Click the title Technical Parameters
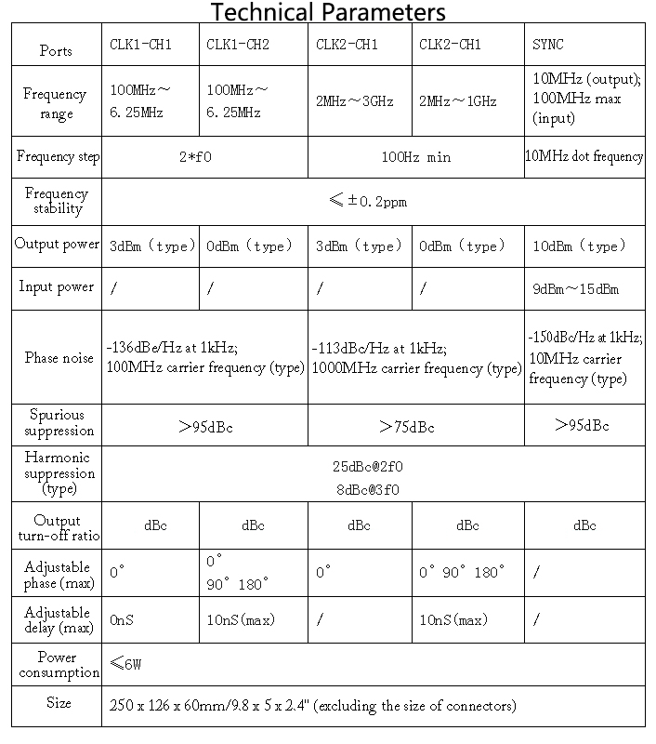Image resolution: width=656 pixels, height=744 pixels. (328, 12)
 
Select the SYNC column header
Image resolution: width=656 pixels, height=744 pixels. (547, 45)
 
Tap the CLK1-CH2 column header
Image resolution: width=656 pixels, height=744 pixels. (238, 45)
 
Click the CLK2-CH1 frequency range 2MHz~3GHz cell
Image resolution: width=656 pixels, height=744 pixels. (355, 101)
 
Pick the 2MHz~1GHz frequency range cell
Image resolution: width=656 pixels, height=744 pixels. (458, 101)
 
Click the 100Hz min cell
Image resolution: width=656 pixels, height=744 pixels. (415, 157)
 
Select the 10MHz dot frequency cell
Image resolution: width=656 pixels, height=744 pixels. (584, 156)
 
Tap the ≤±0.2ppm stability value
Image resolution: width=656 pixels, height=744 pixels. (369, 200)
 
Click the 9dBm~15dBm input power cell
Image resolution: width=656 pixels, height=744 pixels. (575, 289)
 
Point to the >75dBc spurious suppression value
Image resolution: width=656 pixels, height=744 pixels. (407, 427)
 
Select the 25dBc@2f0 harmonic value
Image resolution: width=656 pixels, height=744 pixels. (369, 467)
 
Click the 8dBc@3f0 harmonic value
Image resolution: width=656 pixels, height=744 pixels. (369, 489)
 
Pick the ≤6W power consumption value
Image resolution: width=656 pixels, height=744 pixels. (126, 664)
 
